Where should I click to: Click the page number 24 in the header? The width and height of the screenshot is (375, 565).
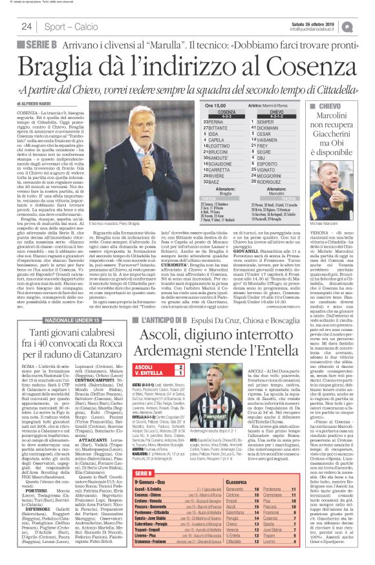click(x=27, y=27)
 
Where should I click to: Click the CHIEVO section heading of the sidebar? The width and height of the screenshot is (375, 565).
click(x=332, y=105)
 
